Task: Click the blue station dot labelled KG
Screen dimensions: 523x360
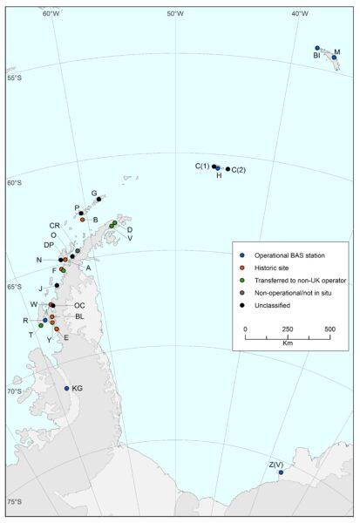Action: [67, 389]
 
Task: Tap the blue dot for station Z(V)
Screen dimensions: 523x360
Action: [281, 472]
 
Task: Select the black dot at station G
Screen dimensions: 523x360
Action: [98, 200]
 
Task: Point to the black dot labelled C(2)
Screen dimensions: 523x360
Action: [228, 169]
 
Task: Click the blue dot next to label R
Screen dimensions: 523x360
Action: [44, 321]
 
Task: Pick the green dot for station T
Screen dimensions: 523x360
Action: [41, 326]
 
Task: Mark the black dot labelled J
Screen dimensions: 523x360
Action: [57, 285]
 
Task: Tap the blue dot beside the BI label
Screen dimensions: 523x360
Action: [317, 48]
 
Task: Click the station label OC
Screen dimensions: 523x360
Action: [78, 305]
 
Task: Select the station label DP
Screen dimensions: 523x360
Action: [51, 245]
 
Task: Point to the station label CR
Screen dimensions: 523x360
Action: [54, 226]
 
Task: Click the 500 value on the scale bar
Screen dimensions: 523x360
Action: [329, 329]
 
